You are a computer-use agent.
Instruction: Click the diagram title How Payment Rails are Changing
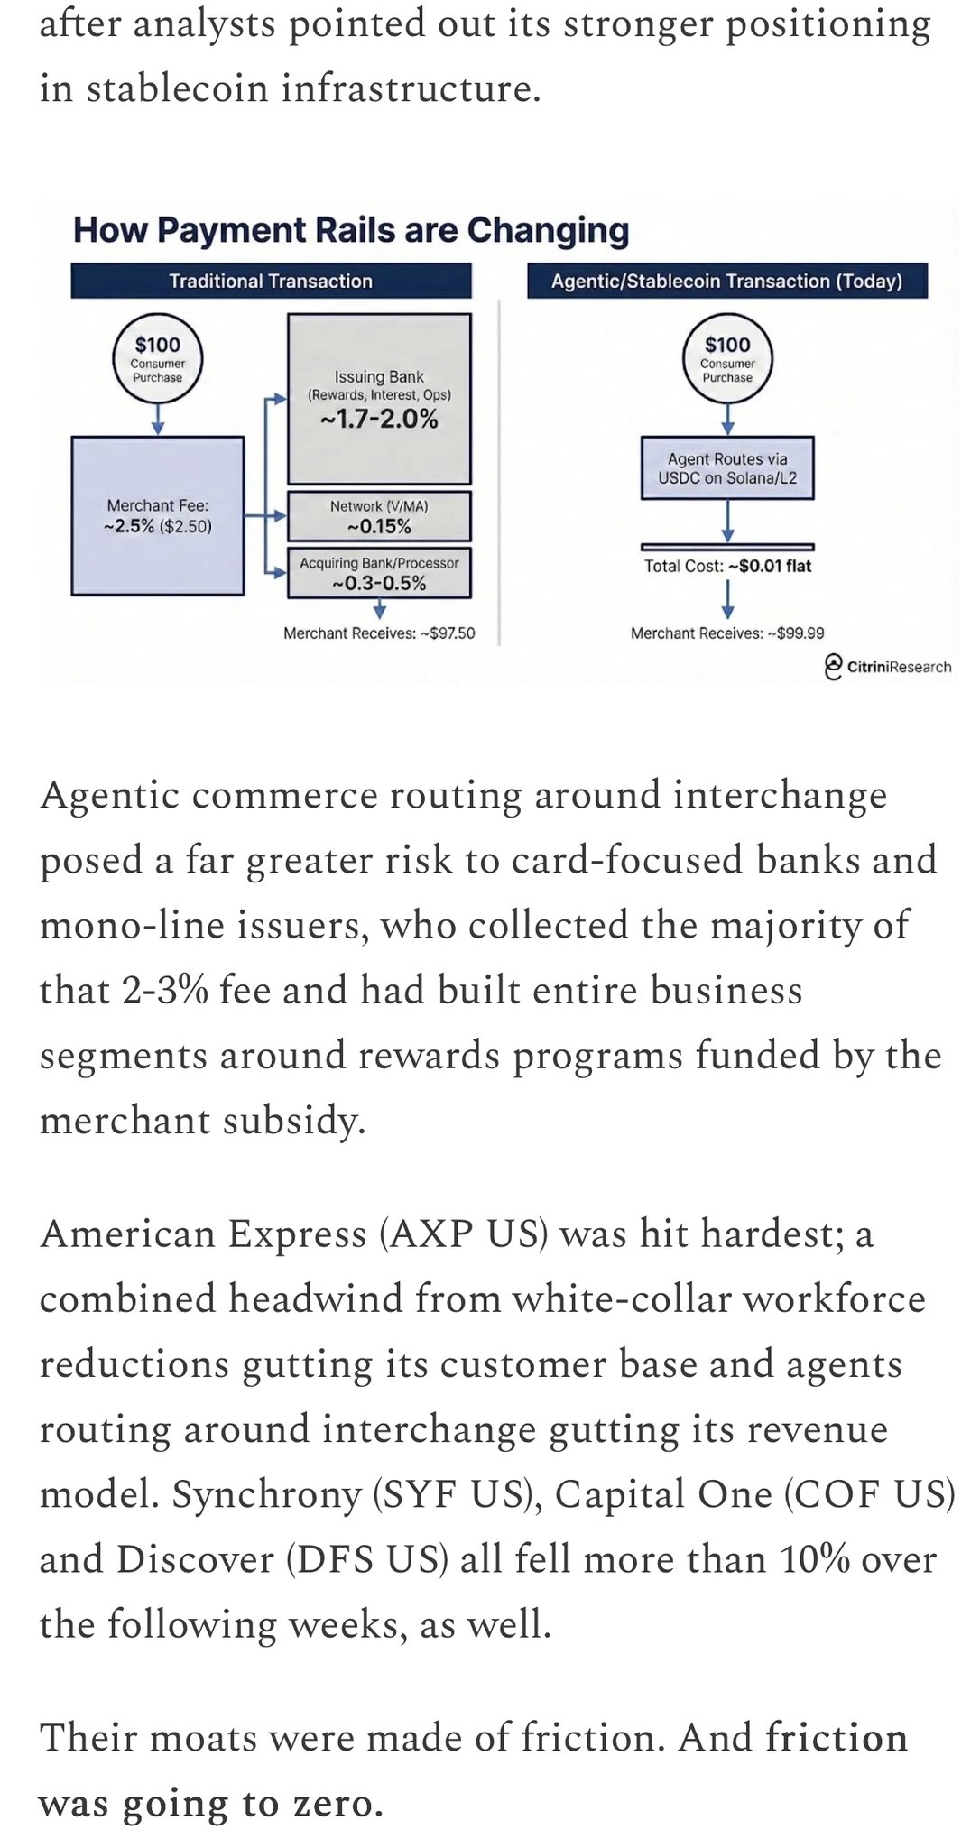(x=350, y=230)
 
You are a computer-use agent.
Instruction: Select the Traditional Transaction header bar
(x=271, y=281)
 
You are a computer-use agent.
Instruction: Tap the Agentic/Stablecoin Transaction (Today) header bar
(x=726, y=281)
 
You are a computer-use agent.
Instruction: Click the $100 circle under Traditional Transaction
(x=158, y=358)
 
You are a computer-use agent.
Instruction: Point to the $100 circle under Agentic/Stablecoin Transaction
(x=727, y=358)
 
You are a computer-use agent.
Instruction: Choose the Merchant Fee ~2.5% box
(x=158, y=516)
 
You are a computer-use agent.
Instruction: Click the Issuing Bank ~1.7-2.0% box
(x=379, y=399)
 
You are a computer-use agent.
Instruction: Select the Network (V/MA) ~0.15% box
(x=379, y=516)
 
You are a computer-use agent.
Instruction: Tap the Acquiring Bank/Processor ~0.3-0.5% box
(x=379, y=573)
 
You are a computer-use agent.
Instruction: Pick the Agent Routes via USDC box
(x=727, y=468)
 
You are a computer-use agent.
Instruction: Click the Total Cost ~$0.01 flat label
(x=727, y=567)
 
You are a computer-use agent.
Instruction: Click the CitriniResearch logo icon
(x=834, y=666)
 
